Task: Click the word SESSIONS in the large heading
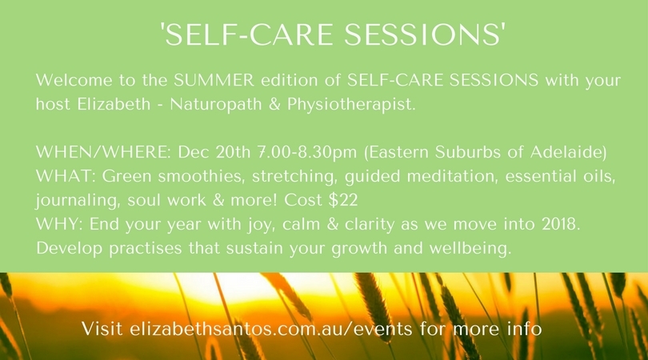pos(424,34)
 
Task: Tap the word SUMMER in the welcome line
pos(214,80)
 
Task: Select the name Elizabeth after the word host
pos(114,104)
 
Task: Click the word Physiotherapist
pos(351,104)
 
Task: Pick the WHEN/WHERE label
pos(103,152)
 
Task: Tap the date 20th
pos(233,152)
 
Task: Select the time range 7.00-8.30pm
pos(306,153)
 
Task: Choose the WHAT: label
pos(66,176)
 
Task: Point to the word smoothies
pos(201,177)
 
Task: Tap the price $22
pos(343,200)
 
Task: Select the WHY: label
pos(59,224)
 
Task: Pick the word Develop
pos(69,249)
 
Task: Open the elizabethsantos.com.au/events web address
pos(271,329)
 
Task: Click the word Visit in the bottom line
pos(102,329)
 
